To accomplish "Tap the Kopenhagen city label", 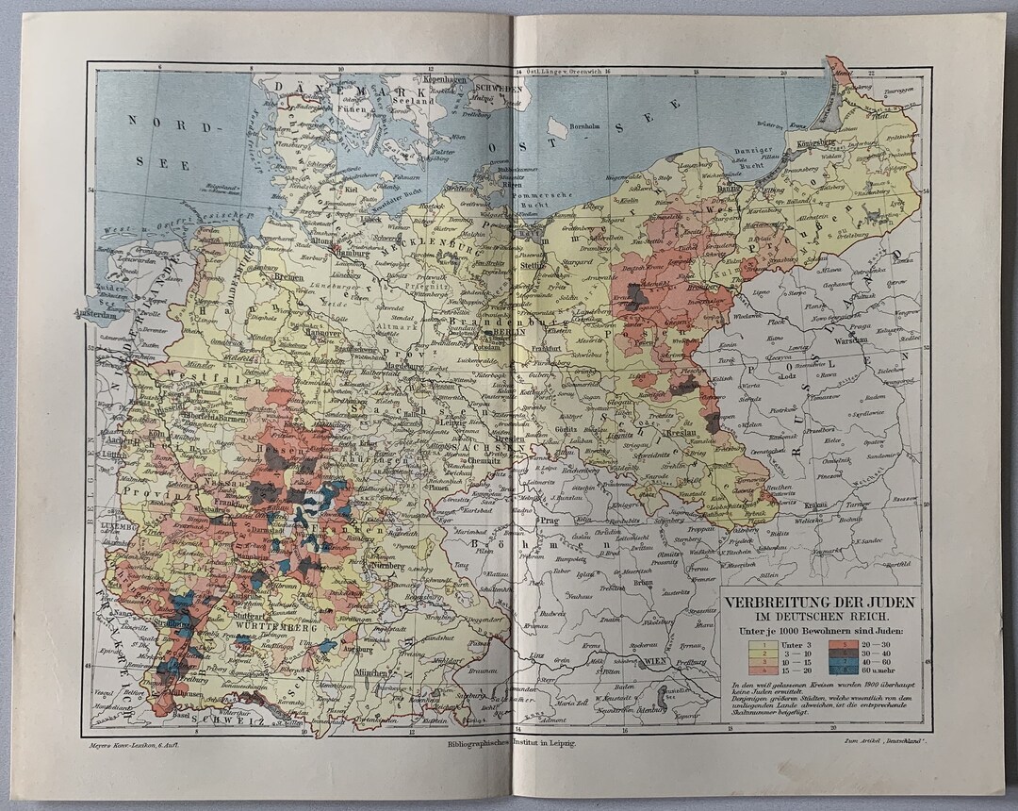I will tap(447, 80).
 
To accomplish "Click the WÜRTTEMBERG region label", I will tap(266, 627).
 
